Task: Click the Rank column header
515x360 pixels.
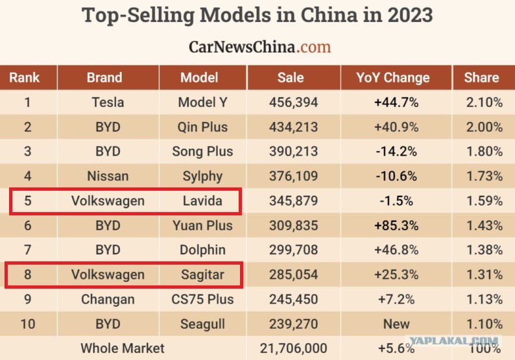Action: (24, 78)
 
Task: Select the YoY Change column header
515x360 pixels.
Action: (393, 78)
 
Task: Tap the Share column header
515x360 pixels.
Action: (481, 78)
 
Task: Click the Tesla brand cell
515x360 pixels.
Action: (108, 102)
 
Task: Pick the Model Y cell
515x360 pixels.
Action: (202, 102)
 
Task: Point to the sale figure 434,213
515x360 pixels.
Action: (294, 127)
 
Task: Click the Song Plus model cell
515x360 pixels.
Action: (202, 151)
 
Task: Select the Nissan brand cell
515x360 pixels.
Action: (108, 176)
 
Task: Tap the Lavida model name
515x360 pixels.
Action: (202, 200)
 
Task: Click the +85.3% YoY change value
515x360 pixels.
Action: (396, 226)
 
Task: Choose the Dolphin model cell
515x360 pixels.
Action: (202, 250)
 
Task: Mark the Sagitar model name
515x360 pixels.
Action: (202, 274)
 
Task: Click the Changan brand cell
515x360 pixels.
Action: (108, 300)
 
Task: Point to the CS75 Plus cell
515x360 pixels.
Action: (202, 300)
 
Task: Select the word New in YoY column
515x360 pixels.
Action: (396, 324)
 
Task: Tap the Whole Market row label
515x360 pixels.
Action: (123, 348)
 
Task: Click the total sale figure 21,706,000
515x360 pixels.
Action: (294, 348)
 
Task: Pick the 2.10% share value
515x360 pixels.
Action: (485, 102)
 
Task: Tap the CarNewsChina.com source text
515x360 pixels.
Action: (260, 47)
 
